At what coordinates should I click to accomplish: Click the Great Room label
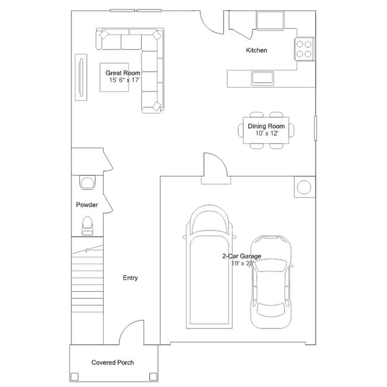coord(123,73)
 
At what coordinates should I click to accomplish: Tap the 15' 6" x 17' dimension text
coord(124,80)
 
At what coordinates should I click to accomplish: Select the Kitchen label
coord(257,51)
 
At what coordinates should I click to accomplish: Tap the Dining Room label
coord(266,126)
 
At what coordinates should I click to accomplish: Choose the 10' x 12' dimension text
coord(266,133)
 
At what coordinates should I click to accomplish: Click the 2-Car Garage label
coord(241,256)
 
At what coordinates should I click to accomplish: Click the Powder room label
coord(87,205)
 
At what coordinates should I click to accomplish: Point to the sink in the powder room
coord(88,182)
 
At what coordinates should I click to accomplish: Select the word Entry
coord(130,278)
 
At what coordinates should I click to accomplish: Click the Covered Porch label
coord(113,363)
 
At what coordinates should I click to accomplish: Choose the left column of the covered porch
coord(74,376)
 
